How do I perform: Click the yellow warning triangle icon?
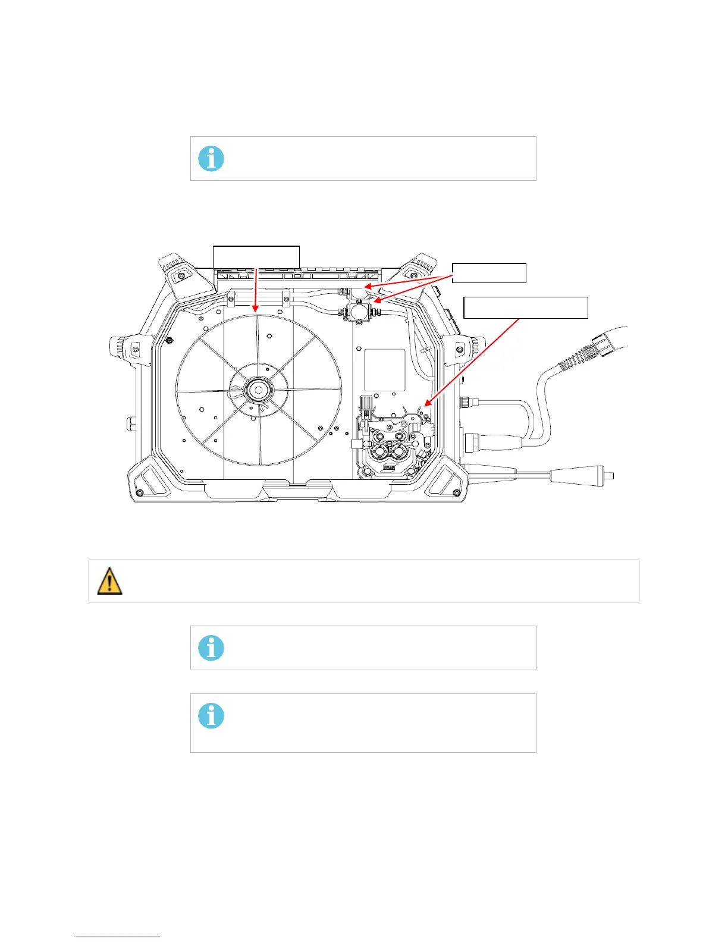point(109,581)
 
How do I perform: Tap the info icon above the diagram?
point(211,159)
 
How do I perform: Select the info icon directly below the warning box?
point(211,648)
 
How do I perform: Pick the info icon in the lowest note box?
point(211,715)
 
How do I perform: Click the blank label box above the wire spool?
point(256,256)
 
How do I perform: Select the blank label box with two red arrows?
point(489,273)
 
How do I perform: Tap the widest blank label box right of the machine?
point(526,307)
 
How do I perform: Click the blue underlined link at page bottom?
point(118,937)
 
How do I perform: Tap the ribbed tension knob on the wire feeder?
point(367,402)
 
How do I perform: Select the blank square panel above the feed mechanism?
point(385,369)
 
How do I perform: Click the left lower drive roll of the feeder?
point(379,454)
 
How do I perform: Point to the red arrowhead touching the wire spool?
point(254,310)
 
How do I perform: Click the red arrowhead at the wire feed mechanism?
point(426,405)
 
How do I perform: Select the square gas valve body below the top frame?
point(357,309)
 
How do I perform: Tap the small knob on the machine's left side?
point(130,425)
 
